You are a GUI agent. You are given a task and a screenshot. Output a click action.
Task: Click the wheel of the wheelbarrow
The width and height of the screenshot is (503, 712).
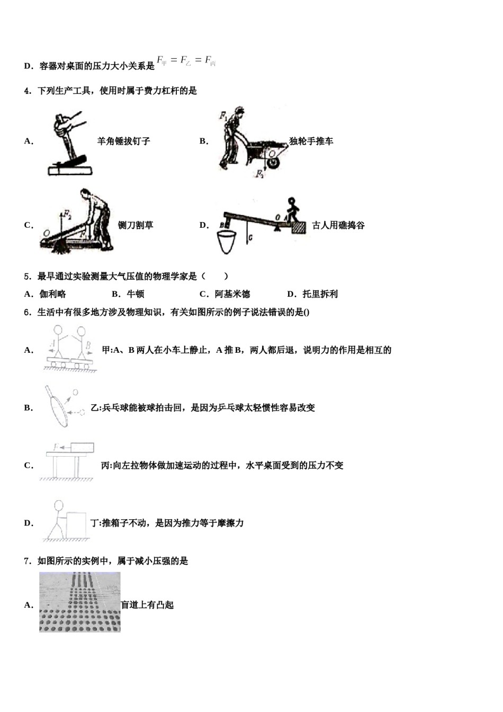(x=273, y=161)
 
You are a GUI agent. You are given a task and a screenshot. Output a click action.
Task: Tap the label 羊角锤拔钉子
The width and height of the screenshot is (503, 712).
(x=124, y=141)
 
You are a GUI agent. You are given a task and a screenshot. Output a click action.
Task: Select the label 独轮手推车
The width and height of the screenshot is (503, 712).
(x=311, y=141)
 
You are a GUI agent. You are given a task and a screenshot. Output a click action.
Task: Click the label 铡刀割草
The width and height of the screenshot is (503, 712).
(x=136, y=225)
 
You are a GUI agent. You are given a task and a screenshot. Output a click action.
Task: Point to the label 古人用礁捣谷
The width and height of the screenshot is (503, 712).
(x=338, y=225)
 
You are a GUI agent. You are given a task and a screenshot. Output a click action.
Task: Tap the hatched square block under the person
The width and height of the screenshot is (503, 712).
(x=299, y=227)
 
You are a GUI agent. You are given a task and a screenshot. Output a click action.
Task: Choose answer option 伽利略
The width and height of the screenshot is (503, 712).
(x=53, y=294)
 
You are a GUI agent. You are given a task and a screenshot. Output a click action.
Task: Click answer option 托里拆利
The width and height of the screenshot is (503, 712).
(x=320, y=294)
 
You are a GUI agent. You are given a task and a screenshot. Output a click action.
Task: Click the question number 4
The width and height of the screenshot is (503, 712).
(x=27, y=91)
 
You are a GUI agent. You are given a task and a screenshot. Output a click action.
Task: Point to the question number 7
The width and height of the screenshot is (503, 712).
(x=27, y=560)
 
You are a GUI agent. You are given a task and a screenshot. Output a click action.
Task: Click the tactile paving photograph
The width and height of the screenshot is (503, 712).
(x=80, y=602)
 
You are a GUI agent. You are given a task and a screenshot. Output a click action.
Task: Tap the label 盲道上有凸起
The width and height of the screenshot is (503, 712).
(x=148, y=604)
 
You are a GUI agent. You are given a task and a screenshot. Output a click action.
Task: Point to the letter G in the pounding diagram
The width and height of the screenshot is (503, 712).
(x=251, y=238)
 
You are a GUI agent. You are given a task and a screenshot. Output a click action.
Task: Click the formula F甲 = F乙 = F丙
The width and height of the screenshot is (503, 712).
(x=186, y=61)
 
